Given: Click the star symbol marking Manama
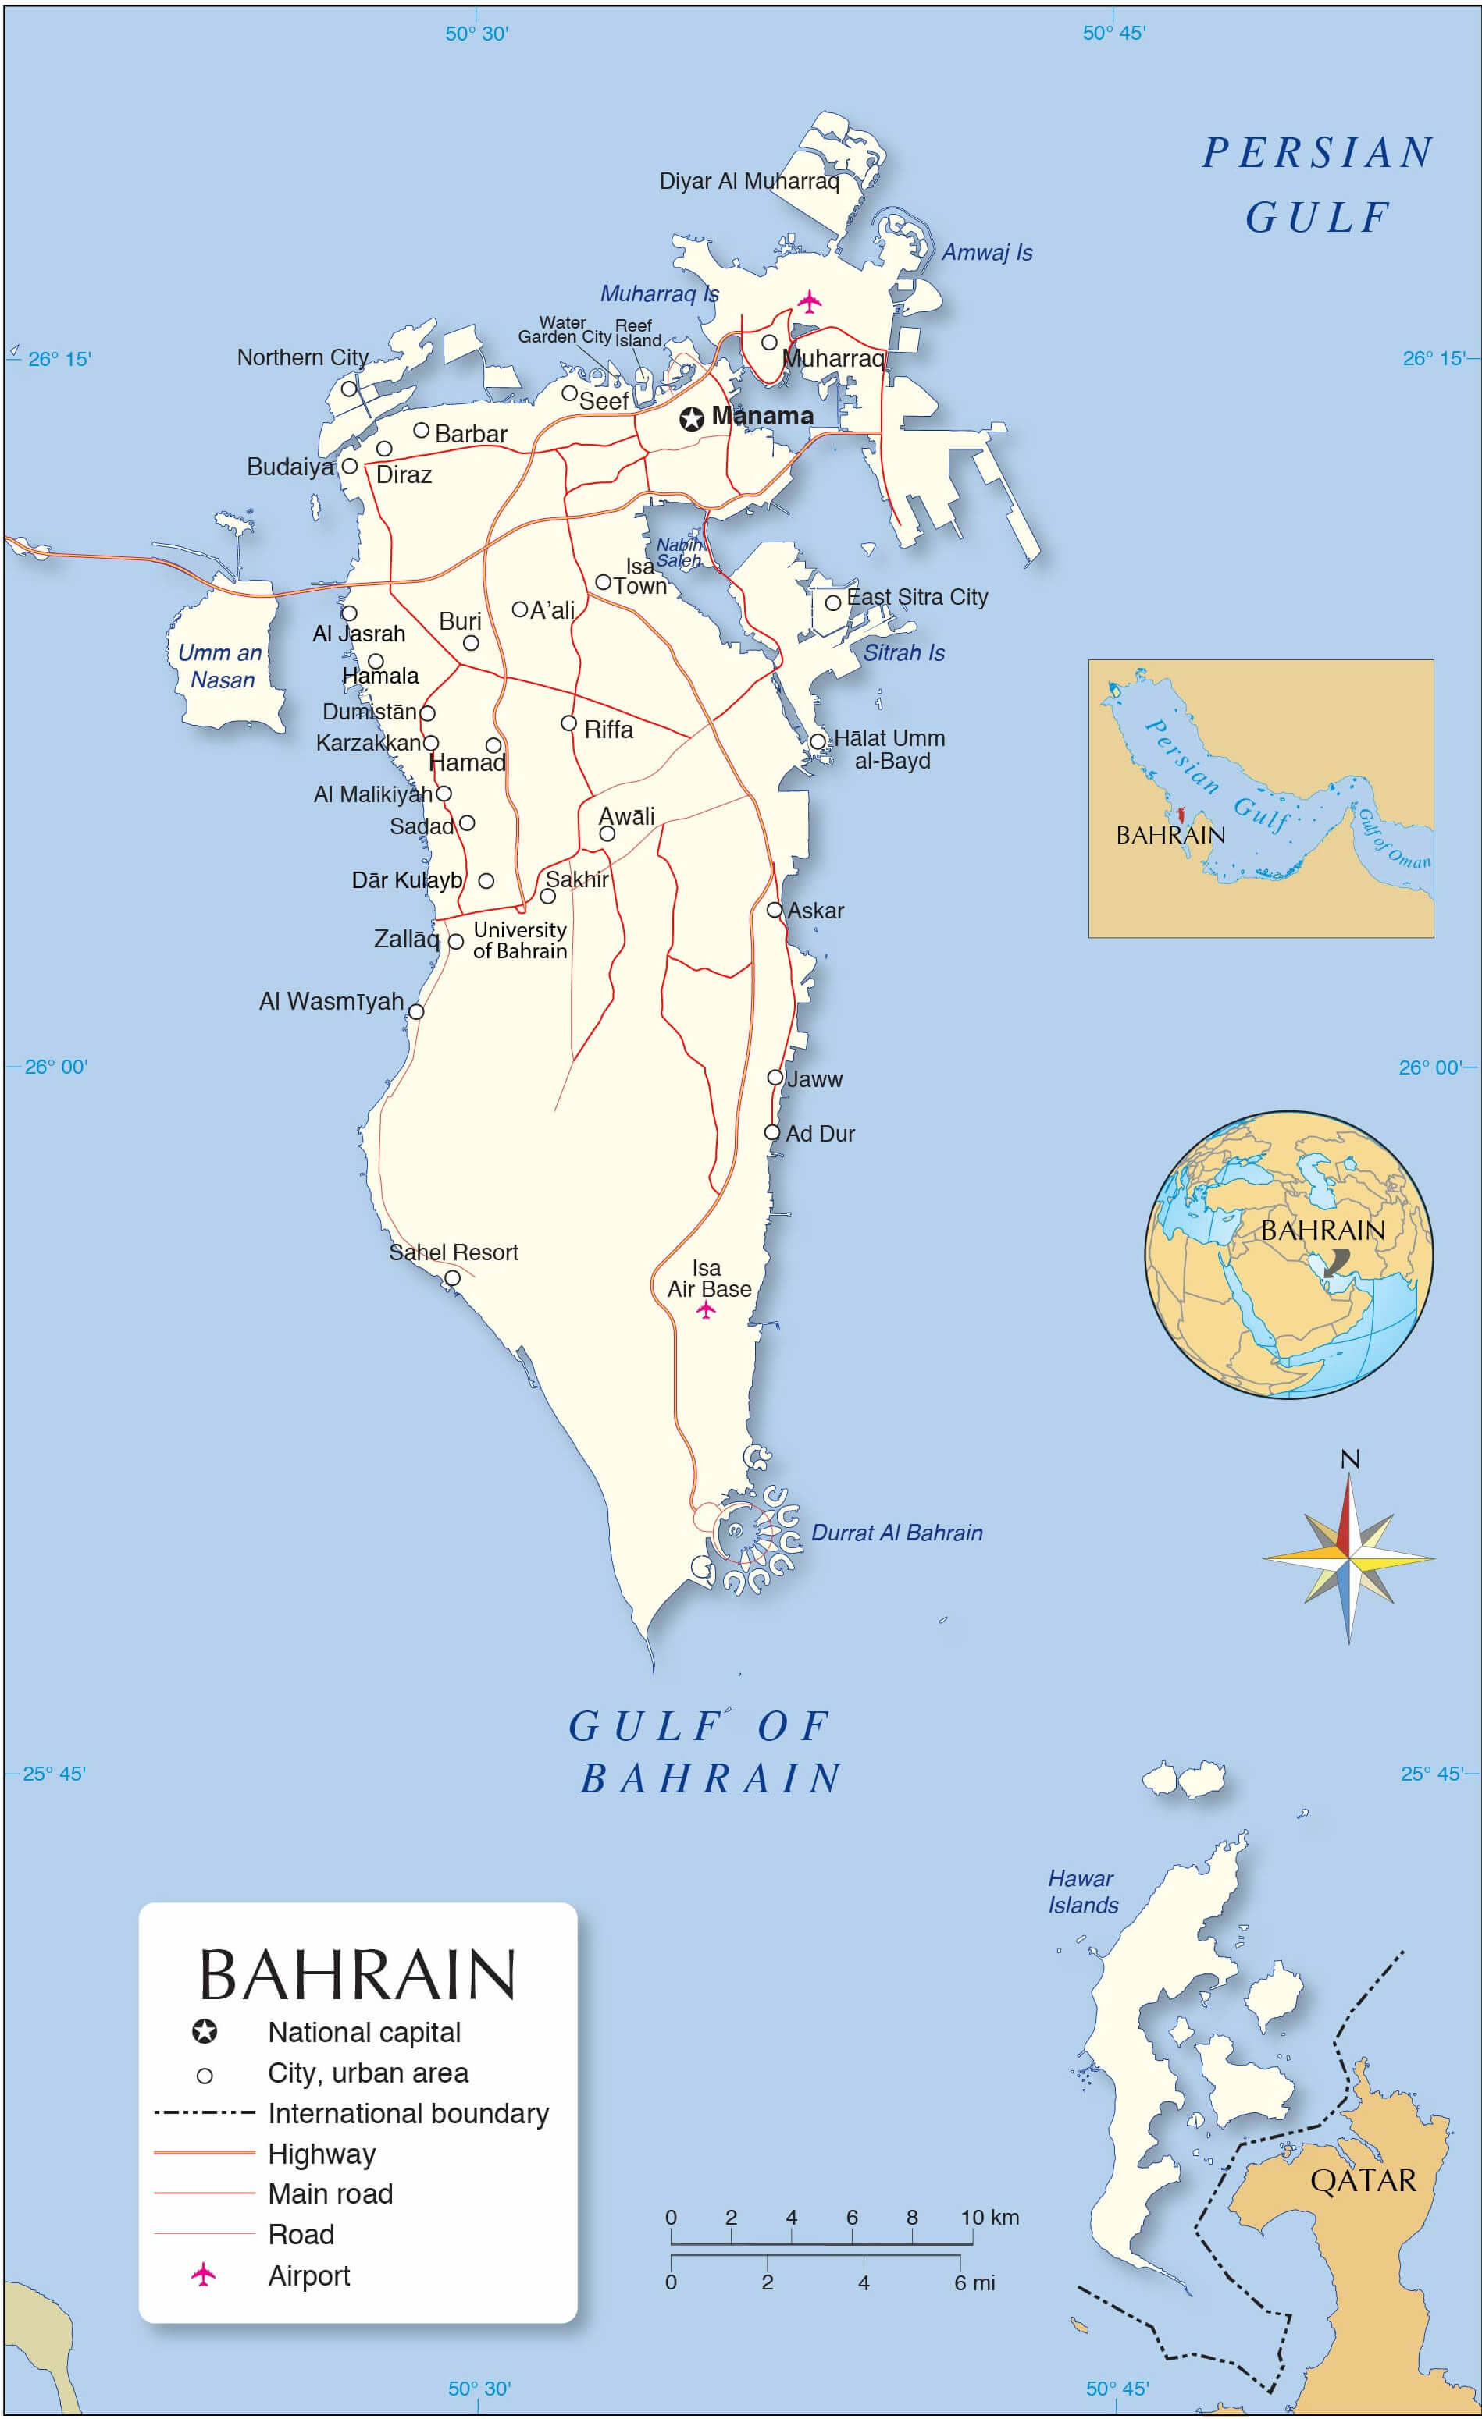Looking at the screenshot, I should point(691,419).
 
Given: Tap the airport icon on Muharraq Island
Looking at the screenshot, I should point(808,301).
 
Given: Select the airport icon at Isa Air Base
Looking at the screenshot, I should point(706,1309).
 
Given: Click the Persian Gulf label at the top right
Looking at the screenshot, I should point(1318,185).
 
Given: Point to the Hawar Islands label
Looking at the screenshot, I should point(1082,1891).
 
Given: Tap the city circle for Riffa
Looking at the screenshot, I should point(568,723).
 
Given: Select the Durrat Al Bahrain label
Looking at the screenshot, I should point(896,1533).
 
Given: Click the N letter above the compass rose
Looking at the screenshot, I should point(1350,1460).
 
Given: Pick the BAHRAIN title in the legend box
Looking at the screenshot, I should point(358,1975).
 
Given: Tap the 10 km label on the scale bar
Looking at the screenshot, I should point(989,2217).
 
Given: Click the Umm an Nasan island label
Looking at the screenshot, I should point(221,666).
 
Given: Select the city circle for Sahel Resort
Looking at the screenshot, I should point(452,1278).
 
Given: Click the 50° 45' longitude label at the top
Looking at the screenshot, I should point(1113,33).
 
